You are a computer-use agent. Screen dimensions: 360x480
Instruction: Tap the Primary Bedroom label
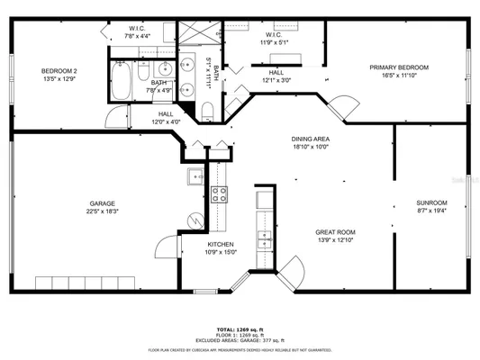(399, 67)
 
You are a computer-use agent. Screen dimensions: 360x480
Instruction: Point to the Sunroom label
(430, 202)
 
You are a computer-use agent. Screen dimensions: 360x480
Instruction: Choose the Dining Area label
(309, 139)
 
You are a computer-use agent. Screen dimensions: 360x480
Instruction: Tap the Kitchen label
(222, 244)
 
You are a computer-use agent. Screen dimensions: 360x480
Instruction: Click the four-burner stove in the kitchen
(219, 193)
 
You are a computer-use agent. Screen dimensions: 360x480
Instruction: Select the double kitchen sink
(265, 239)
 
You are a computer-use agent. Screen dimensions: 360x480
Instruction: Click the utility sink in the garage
(195, 175)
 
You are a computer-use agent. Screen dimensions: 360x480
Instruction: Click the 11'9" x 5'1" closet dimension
(275, 41)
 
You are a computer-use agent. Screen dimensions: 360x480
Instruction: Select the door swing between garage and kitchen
(165, 249)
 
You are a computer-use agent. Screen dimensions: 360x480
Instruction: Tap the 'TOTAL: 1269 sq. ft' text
(240, 330)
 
